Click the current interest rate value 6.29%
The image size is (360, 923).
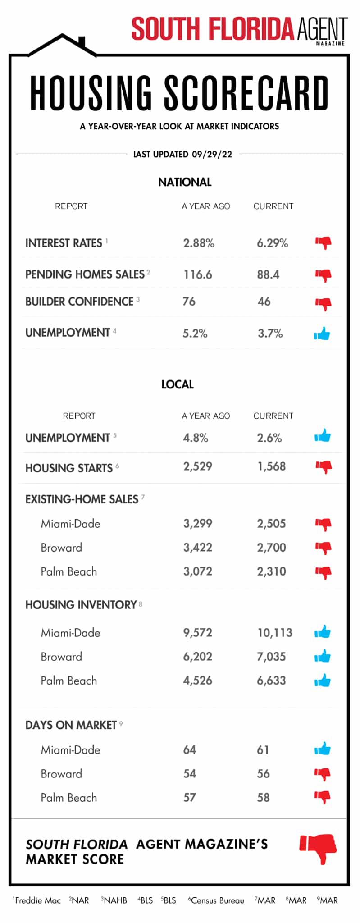point(272,243)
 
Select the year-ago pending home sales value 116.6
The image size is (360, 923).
point(197,274)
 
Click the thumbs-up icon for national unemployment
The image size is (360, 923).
point(322,334)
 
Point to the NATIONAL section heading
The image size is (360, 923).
point(184,182)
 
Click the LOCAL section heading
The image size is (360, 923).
point(178,384)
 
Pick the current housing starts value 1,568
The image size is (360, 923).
point(271,466)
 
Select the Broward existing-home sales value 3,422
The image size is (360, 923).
point(197,548)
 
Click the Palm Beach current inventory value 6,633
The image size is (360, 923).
point(271,681)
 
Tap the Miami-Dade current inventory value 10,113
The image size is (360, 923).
point(274,633)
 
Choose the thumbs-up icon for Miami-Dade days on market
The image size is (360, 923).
point(322,749)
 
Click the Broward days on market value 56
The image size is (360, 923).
point(263,774)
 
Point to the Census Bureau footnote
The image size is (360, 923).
point(217,900)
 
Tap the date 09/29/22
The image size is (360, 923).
point(212,154)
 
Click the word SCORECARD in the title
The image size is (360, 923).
point(246,93)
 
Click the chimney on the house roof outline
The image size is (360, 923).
point(82,41)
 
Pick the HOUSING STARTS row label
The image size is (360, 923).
point(69,468)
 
